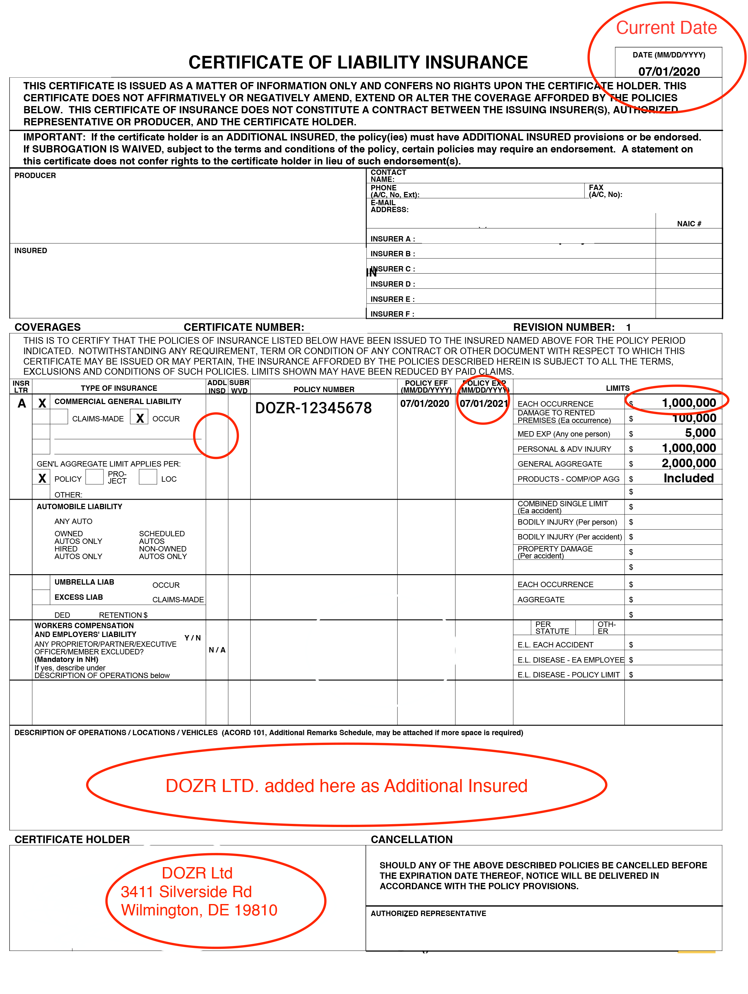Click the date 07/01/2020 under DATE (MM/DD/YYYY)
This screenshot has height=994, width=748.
pos(668,71)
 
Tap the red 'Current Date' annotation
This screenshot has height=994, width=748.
pos(666,28)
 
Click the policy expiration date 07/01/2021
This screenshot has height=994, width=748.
pos(484,403)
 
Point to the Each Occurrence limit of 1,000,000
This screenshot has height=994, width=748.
pos(688,403)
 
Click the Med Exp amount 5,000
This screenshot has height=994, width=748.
pos(700,433)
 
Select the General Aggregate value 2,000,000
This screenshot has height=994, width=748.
pos(688,463)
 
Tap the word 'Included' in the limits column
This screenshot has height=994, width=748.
pos(688,478)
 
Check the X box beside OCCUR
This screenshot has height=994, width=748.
pos(140,418)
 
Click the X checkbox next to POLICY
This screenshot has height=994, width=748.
pos(42,478)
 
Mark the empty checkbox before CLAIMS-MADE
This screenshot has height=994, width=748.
pos(59,417)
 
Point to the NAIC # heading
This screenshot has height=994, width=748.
pos(689,224)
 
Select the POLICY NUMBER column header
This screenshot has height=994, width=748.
pos(324,389)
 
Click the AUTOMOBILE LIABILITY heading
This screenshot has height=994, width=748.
pos(80,506)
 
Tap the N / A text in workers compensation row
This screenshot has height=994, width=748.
pos(217,650)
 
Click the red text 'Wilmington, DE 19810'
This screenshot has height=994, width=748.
pos(199,910)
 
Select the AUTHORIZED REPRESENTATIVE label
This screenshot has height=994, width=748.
pos(428,914)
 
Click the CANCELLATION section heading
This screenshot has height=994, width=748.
pos(412,839)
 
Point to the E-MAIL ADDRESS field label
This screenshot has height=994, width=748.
pos(389,206)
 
